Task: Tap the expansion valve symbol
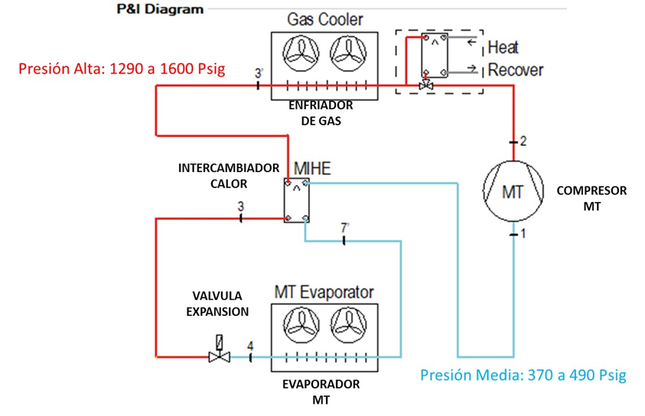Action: tap(220, 356)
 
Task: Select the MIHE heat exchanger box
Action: tap(296, 201)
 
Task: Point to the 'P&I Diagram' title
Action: tap(160, 10)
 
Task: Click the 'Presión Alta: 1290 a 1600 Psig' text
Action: tap(122, 70)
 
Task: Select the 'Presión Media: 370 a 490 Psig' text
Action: tap(523, 375)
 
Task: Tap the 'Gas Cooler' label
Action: tap(325, 19)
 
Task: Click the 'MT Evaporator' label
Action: tap(324, 292)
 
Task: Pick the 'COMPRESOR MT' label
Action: tap(591, 198)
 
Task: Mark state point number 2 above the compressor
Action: tap(523, 141)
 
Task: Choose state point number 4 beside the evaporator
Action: tap(250, 346)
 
